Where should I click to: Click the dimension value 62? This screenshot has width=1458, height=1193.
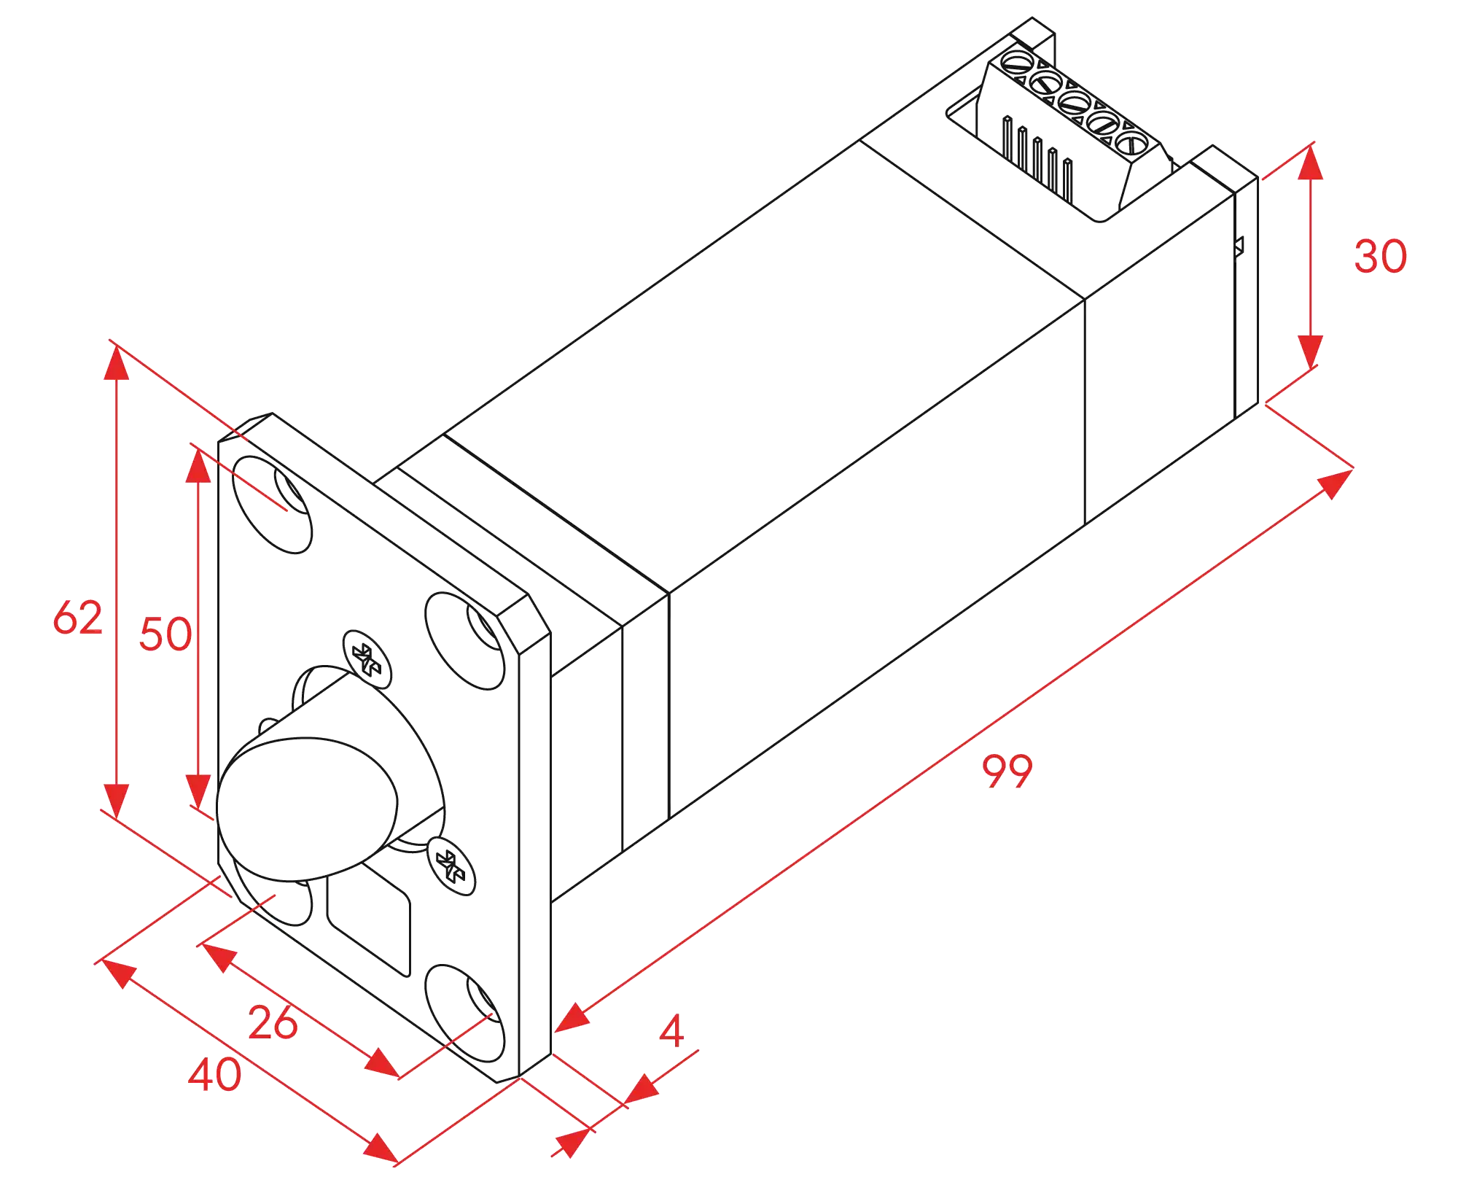click(x=78, y=618)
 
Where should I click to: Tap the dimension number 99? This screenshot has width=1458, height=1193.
click(x=1007, y=771)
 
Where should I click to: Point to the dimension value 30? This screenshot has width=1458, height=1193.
click(x=1380, y=256)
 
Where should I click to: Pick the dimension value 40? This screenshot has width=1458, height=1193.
click(x=214, y=1074)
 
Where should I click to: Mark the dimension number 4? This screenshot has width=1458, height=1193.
click(x=671, y=1030)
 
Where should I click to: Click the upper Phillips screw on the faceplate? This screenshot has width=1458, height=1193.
click(x=367, y=659)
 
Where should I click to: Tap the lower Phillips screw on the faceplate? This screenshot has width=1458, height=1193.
click(x=451, y=866)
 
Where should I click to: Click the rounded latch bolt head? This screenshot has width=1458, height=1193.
click(x=307, y=809)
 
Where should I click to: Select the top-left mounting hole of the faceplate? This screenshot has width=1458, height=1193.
click(x=272, y=505)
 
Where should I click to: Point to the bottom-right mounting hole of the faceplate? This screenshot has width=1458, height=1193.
click(x=465, y=1014)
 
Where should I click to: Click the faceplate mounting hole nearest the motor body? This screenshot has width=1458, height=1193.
click(x=465, y=641)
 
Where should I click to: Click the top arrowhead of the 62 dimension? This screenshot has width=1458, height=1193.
click(x=117, y=362)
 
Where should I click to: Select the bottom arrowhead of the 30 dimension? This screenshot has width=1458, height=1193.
click(x=1310, y=352)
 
